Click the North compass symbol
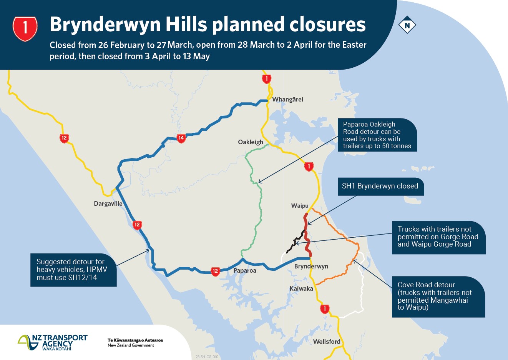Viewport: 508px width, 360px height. [x=407, y=26]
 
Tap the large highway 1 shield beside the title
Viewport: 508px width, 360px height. [x=25, y=28]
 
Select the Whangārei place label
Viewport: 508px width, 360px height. [x=287, y=100]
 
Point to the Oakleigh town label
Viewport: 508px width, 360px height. [x=251, y=142]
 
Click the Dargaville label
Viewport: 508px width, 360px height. [x=108, y=204]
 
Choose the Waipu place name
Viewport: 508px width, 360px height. [x=300, y=206]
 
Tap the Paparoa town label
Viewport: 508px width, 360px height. [x=245, y=271]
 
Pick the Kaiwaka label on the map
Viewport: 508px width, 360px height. [x=301, y=289]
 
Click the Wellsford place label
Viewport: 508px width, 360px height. [x=327, y=342]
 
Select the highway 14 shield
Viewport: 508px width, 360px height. [x=181, y=138]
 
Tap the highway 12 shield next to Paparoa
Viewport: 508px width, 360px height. [x=215, y=271]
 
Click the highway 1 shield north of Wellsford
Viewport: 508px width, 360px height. [x=325, y=309]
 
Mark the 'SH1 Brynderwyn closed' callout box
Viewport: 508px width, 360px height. [x=380, y=187]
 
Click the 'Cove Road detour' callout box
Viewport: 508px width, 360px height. [x=438, y=296]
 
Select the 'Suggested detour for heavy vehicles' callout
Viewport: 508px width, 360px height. [x=73, y=270]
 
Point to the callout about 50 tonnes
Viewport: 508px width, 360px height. [x=377, y=135]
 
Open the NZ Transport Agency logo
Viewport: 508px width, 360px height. [x=53, y=342]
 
